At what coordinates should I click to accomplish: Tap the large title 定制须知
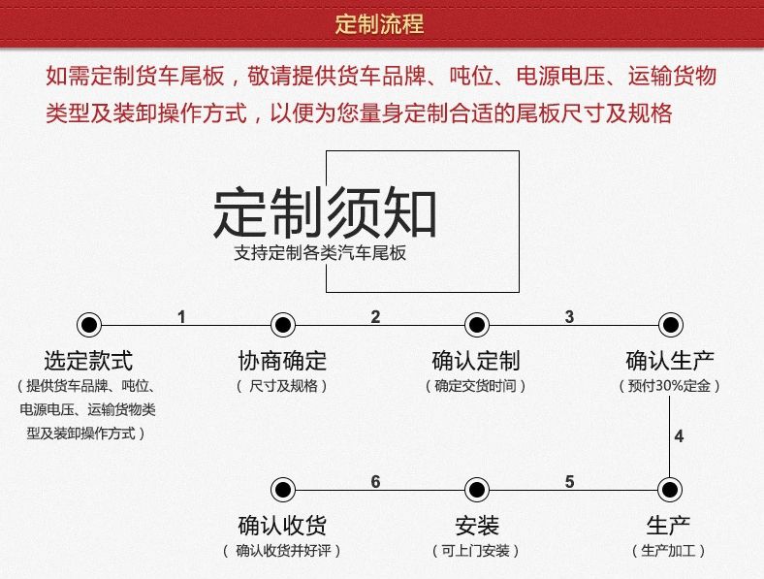point(325,212)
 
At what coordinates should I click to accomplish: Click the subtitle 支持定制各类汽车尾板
point(320,254)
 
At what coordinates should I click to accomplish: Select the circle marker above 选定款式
point(88,324)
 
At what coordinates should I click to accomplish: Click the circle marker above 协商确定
point(282,324)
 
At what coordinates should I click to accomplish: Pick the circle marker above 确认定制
point(475,324)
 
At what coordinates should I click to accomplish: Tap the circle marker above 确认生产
point(668,324)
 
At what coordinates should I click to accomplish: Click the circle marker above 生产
point(668,489)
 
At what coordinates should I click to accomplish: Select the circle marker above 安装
point(475,489)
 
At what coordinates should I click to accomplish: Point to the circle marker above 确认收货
point(282,489)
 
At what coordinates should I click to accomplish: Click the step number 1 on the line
point(181,316)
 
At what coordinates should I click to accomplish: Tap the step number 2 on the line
point(375,316)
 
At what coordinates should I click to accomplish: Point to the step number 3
point(569,316)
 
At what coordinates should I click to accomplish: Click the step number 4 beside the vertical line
point(679,436)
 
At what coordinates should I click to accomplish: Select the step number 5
point(569,482)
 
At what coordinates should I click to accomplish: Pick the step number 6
point(375,482)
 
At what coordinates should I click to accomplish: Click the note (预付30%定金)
point(669,386)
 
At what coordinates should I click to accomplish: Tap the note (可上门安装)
point(475,551)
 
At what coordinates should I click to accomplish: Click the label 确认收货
point(282,527)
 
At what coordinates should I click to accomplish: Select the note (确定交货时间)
point(475,386)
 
